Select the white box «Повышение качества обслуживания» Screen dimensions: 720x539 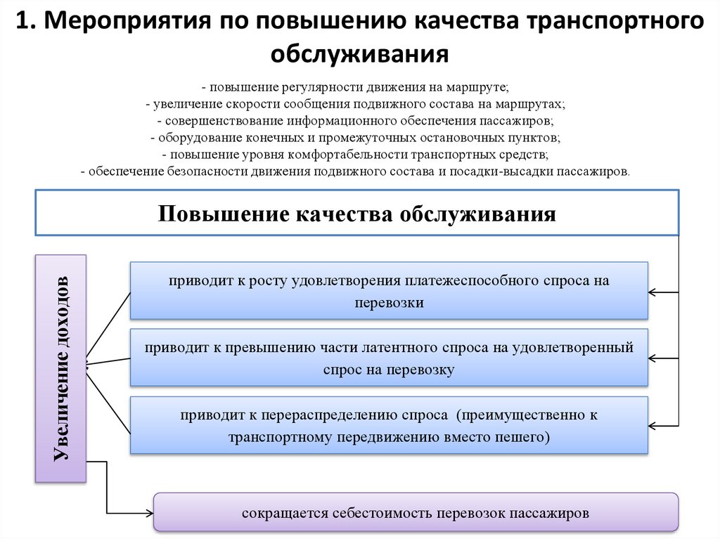click(x=356, y=212)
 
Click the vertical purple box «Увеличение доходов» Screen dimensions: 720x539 click(x=60, y=368)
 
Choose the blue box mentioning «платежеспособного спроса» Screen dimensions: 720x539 click(x=389, y=291)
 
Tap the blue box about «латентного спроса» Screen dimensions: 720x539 click(x=389, y=358)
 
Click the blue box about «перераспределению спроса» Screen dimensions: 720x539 click(x=389, y=425)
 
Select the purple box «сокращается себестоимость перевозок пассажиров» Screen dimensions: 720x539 click(x=416, y=512)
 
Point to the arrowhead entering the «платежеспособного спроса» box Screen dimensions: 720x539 click(x=652, y=292)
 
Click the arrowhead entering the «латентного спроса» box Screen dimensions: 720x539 click(x=652, y=358)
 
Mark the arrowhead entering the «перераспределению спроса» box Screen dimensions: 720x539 click(x=652, y=426)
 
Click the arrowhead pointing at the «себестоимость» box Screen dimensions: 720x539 click(x=149, y=513)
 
